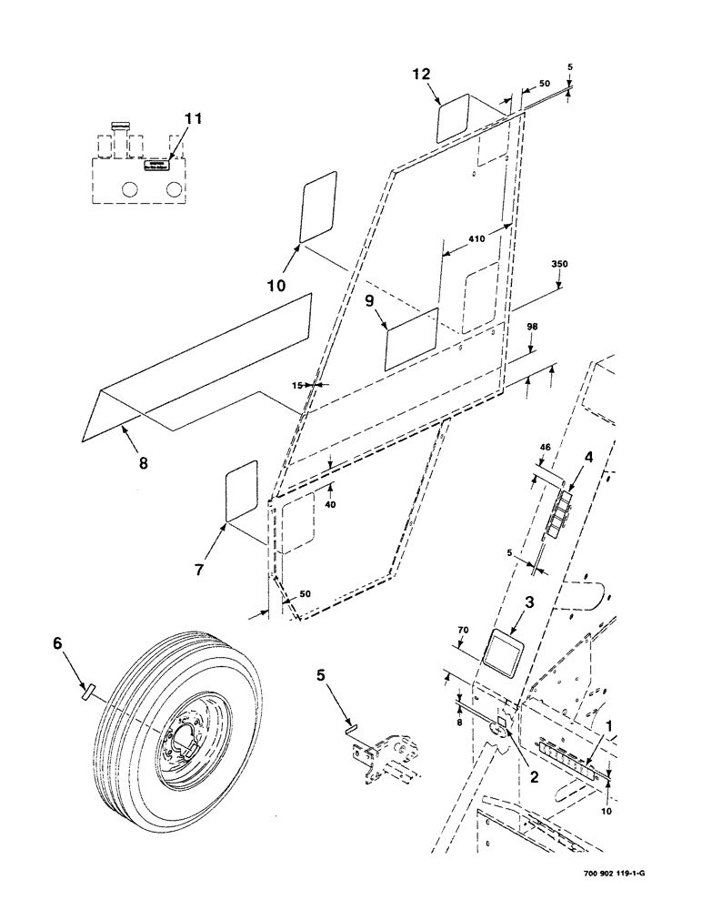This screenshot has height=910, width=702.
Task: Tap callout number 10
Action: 276,285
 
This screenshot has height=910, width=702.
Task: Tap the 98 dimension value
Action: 533,327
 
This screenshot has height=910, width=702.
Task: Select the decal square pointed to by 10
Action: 317,209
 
